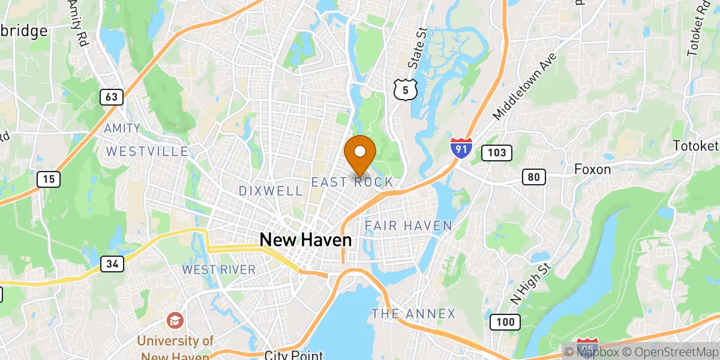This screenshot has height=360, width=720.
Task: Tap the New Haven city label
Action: point(305,240)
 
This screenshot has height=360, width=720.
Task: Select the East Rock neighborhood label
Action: point(352,182)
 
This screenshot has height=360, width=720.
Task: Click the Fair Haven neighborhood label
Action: point(409,226)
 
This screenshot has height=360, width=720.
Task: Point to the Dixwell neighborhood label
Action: point(271,191)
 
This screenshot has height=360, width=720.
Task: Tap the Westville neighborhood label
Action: point(148,152)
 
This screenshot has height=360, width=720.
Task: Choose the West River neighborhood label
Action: point(219,269)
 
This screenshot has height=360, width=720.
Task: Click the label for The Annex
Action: point(413,314)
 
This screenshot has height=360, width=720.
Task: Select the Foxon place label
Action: point(592,169)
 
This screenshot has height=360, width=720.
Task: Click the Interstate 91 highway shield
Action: point(461,148)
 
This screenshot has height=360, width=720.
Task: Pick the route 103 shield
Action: point(497,153)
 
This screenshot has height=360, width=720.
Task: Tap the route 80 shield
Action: point(533,176)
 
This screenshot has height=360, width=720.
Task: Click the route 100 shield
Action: point(505,322)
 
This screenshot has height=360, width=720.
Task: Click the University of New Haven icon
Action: point(175,319)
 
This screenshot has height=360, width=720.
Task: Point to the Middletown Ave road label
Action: point(526,86)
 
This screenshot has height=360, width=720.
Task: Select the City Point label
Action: point(294,355)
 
